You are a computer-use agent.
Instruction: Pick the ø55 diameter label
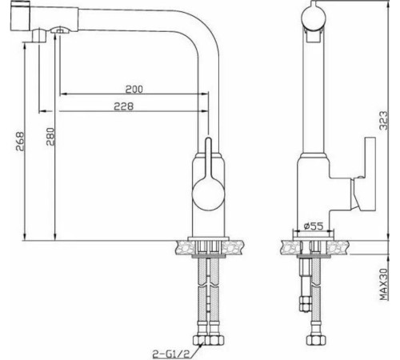pyautogui.click(x=314, y=226)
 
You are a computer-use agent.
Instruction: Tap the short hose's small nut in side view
pyautogui.click(x=302, y=305)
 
